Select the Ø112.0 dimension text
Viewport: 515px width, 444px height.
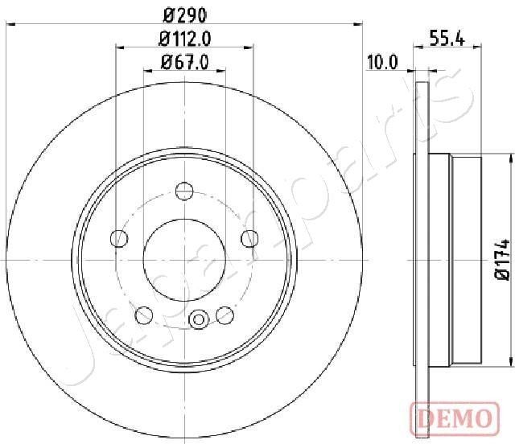tap(184, 37)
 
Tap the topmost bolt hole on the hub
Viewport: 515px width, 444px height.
tap(184, 191)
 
